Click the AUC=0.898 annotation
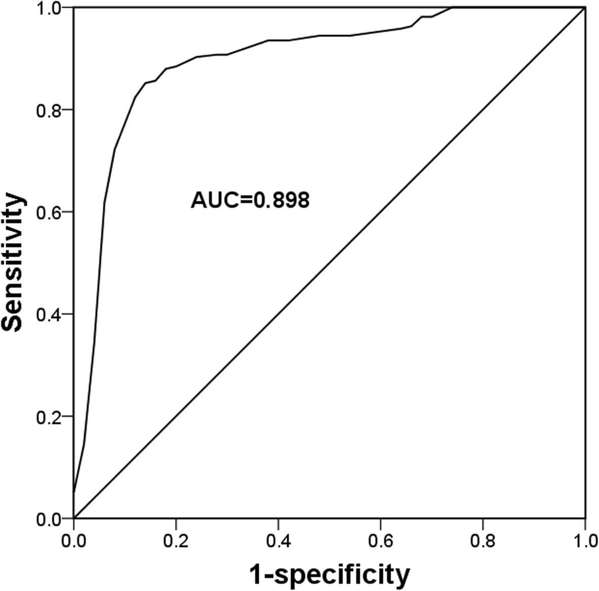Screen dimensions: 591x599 tap(250, 201)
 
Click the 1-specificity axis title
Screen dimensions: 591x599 tap(329, 575)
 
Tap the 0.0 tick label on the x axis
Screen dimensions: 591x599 tap(74, 538)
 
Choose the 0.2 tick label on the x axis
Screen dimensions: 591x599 tap(176, 538)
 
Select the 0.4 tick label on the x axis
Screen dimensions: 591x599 tap(278, 538)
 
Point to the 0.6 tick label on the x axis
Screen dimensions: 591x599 tap(380, 538)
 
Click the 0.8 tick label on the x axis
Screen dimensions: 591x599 tap(483, 538)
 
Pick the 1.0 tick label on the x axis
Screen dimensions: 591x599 tap(585, 538)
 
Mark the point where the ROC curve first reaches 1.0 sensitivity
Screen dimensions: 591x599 tap(451, 8)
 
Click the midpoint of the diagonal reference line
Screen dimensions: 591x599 tap(330, 263)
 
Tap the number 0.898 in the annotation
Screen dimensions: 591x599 tap(281, 201)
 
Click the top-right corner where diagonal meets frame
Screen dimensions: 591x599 tap(585, 8)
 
